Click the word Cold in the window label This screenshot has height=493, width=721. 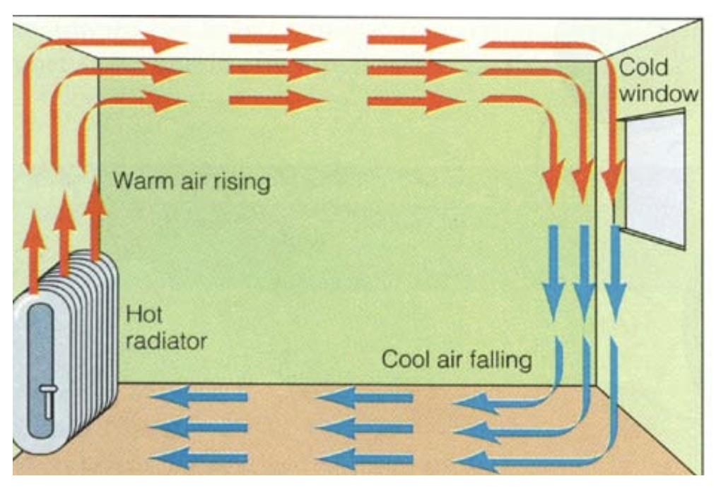[643, 68]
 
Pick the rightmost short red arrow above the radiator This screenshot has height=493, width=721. [94, 219]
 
